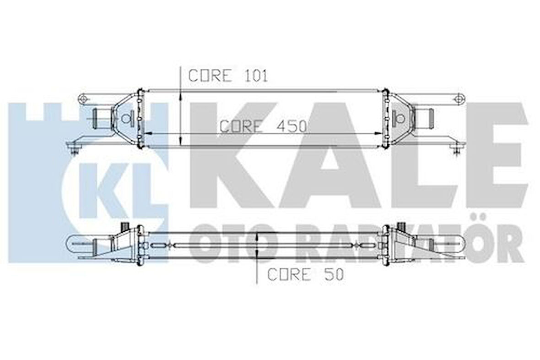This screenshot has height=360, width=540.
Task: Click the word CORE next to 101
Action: tap(210, 76)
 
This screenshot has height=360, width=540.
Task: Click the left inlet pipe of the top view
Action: tap(101, 118)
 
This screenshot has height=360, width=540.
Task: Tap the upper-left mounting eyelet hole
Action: tap(83, 98)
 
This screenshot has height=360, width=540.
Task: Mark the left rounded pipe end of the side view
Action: tap(72, 243)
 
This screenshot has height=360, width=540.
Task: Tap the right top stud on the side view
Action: tap(403, 225)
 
